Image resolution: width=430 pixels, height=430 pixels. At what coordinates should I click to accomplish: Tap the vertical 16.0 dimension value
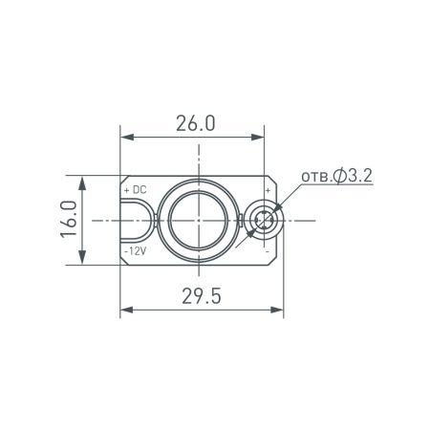[x=66, y=220]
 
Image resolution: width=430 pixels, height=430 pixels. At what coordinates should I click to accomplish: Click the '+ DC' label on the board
[x=135, y=190]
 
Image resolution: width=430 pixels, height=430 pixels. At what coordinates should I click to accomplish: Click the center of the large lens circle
[x=197, y=220]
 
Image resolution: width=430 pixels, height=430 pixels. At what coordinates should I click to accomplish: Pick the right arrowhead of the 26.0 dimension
[x=268, y=139]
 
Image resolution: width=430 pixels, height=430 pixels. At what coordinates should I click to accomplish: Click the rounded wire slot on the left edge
[x=137, y=220]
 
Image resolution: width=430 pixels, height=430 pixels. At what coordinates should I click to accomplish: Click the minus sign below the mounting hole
[x=268, y=250]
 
